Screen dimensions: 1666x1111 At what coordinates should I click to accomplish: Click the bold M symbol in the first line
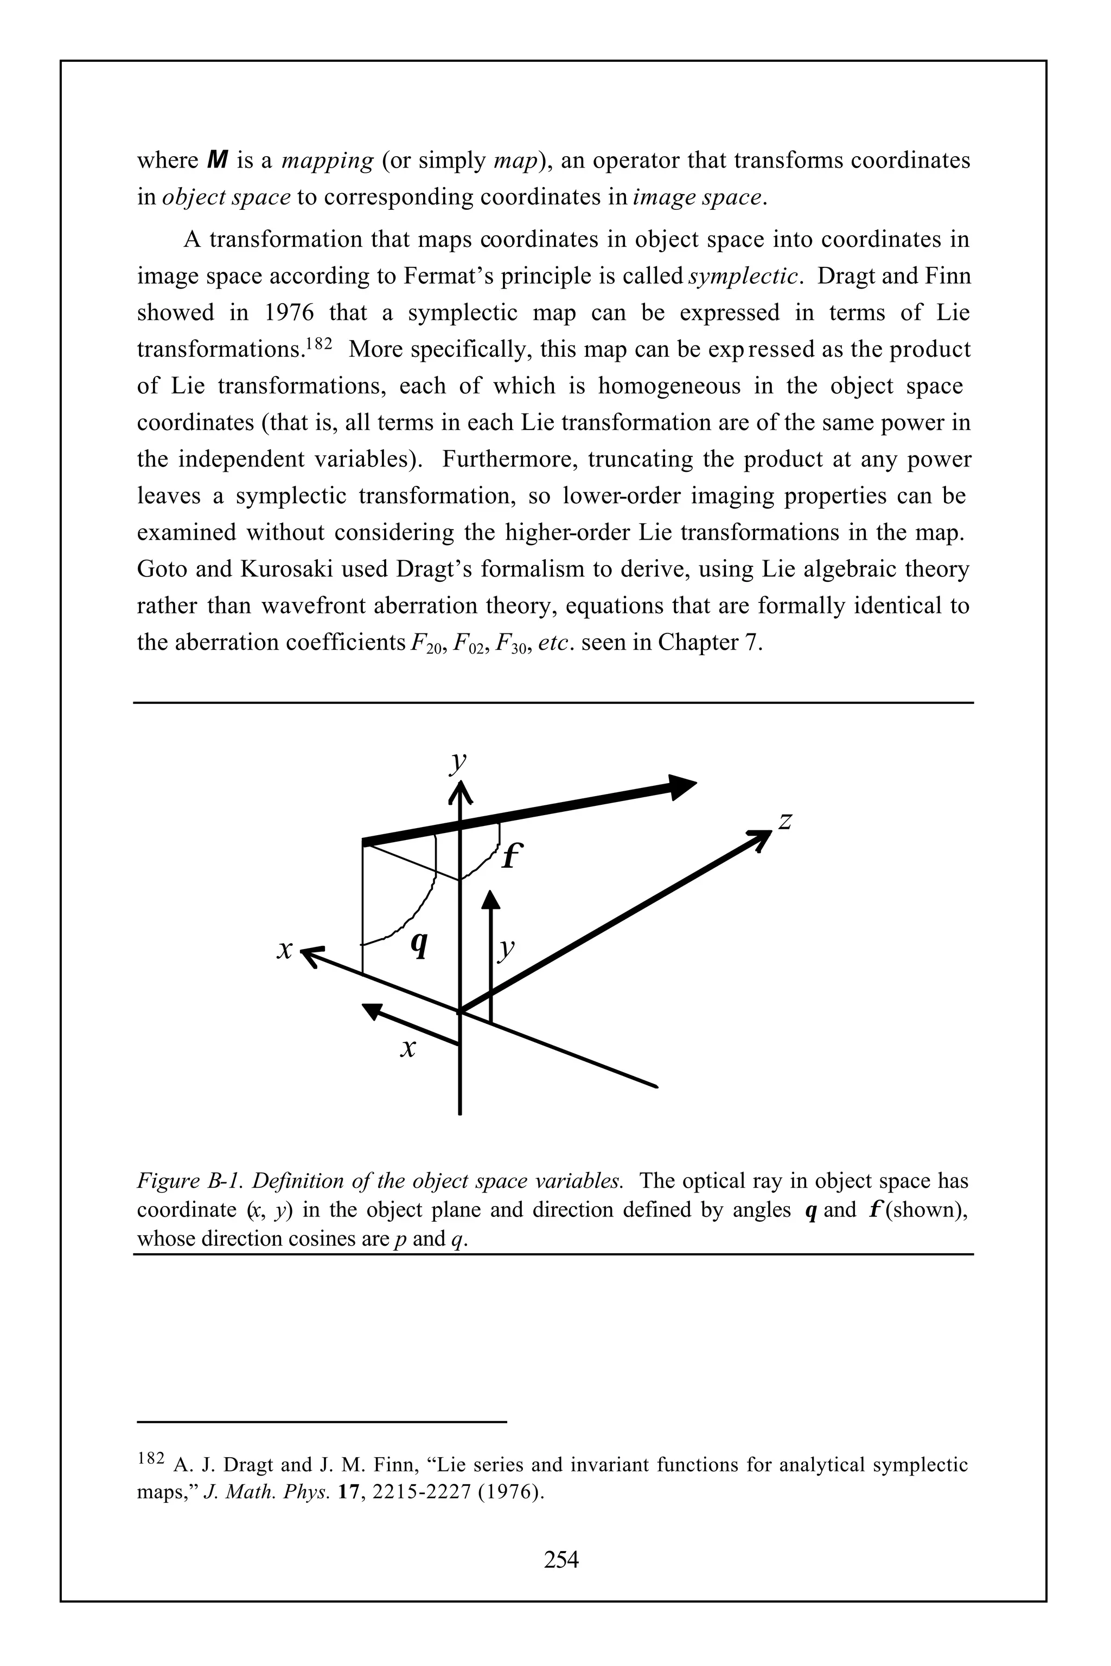click(x=218, y=160)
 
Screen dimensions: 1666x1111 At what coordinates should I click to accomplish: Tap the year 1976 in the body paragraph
click(x=289, y=312)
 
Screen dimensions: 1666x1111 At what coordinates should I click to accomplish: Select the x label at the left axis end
click(x=285, y=950)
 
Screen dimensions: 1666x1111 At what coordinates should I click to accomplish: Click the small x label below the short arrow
click(x=407, y=1048)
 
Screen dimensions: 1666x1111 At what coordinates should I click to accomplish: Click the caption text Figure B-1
click(x=190, y=1181)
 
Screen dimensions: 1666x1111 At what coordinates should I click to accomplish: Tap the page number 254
click(x=560, y=1559)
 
